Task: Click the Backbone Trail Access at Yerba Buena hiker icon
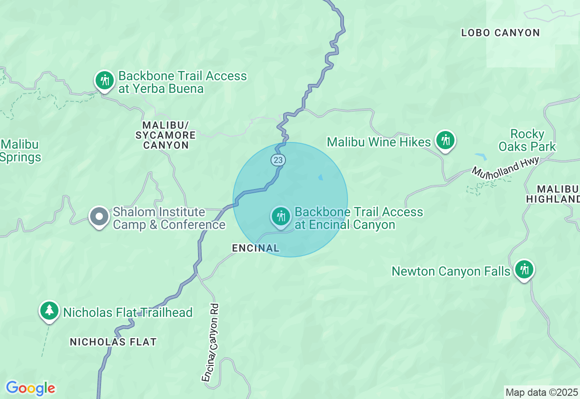tap(105, 81)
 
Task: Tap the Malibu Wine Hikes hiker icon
tap(445, 140)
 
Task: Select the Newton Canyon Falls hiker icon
tap(524, 269)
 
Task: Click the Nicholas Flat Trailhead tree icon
tap(49, 311)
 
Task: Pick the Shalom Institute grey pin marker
tap(99, 217)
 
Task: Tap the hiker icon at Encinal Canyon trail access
tap(281, 216)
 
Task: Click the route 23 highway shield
tap(278, 160)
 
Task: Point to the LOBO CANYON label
tap(500, 33)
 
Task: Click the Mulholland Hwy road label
tap(505, 167)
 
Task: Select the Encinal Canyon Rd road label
tap(211, 343)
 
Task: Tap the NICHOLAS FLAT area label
tap(113, 342)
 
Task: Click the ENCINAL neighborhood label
tap(256, 248)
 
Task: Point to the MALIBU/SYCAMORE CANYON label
tap(165, 135)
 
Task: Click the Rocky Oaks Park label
tap(527, 140)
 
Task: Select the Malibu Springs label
tap(20, 151)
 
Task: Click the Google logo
tap(30, 388)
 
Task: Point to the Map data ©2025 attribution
tap(541, 392)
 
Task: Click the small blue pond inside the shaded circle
tap(321, 177)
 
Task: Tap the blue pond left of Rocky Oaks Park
tap(481, 157)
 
